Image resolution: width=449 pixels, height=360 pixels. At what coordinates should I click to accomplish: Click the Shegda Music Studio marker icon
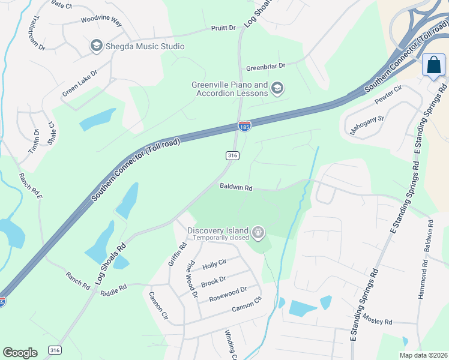click(96, 46)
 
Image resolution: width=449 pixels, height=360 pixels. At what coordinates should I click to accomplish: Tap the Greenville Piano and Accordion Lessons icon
click(277, 89)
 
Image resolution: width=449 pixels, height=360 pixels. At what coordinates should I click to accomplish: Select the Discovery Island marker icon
click(258, 232)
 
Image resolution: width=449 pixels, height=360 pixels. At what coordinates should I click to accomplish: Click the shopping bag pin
click(433, 65)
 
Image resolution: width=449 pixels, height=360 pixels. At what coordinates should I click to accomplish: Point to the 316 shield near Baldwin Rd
click(233, 155)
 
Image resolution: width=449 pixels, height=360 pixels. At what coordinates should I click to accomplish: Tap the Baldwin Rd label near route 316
click(235, 187)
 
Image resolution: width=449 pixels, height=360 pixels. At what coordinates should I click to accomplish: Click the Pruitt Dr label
click(223, 28)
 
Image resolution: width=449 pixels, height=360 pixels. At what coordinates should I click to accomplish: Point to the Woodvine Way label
click(101, 22)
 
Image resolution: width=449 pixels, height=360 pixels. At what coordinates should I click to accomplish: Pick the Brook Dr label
click(213, 280)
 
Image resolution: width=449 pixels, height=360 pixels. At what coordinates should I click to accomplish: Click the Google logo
click(20, 352)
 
